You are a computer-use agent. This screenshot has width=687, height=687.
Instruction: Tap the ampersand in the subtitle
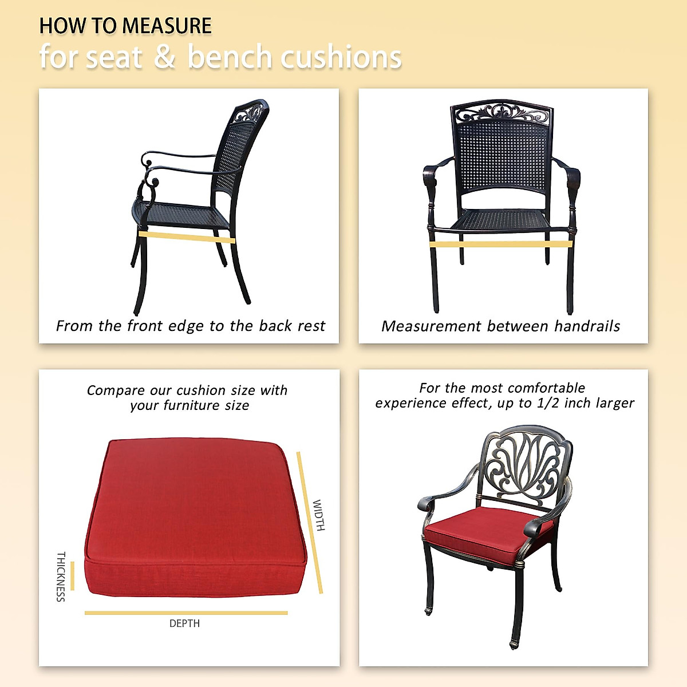point(164,57)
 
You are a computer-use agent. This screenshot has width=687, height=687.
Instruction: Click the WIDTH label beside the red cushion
point(319,515)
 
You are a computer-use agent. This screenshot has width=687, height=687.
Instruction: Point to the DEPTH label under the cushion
point(184,623)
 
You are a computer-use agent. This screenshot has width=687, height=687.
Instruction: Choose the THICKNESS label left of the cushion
point(61,577)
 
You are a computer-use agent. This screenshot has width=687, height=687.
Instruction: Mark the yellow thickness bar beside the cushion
point(73,576)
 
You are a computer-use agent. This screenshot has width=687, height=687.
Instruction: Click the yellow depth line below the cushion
point(186,613)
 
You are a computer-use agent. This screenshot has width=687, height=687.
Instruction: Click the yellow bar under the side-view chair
point(187,236)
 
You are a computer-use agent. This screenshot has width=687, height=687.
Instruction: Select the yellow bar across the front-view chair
point(501,244)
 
